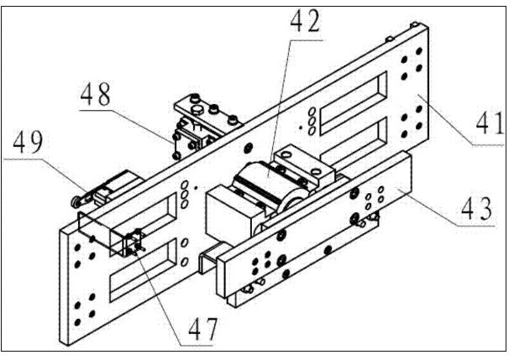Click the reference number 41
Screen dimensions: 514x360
point(490,123)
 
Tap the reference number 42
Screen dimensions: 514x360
point(305,21)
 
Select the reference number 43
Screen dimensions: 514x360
point(476,209)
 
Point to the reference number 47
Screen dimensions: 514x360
point(203,330)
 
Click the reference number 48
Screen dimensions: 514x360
point(96,94)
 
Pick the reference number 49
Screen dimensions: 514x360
point(28,142)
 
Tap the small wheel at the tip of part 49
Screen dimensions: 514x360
point(76,203)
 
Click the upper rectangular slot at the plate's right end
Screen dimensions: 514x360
point(354,103)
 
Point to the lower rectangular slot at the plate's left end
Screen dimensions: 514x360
point(144,269)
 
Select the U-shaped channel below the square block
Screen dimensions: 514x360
point(211,257)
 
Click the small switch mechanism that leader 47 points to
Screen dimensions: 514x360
point(135,243)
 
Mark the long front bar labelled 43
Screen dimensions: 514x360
point(314,226)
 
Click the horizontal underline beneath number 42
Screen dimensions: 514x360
point(307,40)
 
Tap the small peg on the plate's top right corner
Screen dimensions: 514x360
point(415,24)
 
